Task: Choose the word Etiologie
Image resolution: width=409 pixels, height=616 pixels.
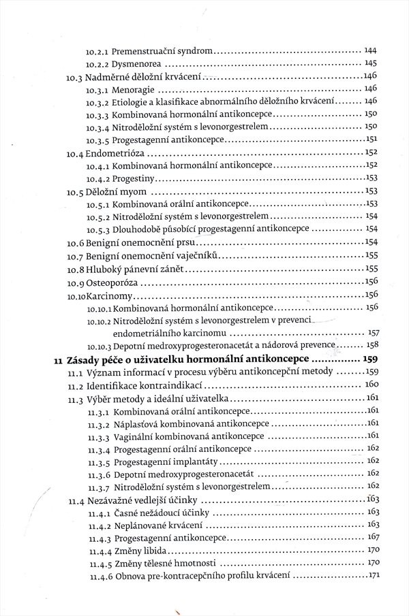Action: click(x=132, y=101)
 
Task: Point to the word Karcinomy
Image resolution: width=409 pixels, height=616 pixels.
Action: click(x=113, y=295)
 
